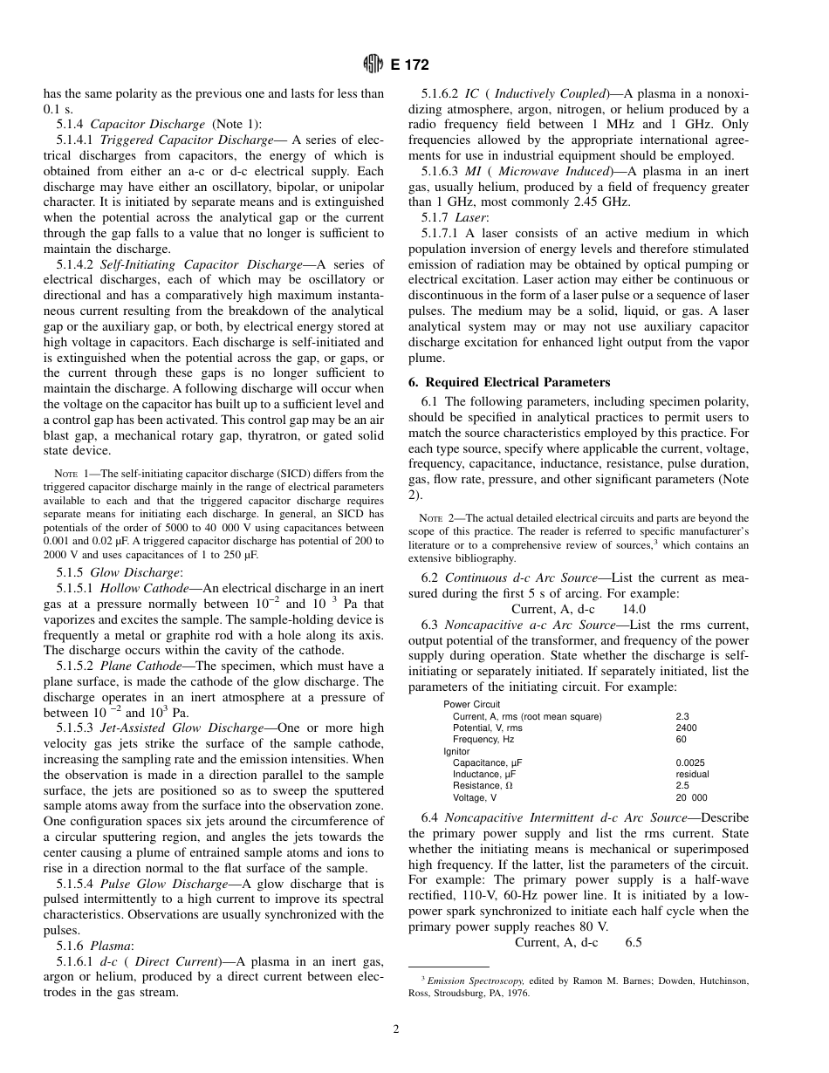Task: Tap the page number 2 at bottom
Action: point(395,1029)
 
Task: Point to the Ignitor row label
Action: point(456,750)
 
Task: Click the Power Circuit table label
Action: point(471,705)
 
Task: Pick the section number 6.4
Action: point(429,817)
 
